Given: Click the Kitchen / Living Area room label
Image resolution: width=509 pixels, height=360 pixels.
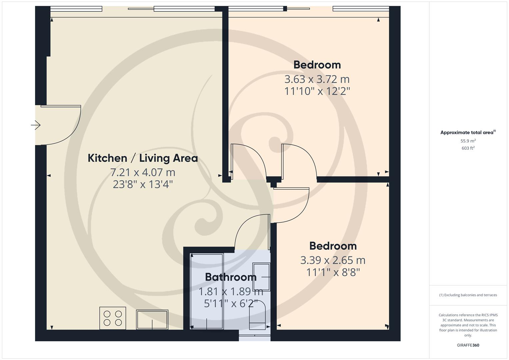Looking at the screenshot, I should click(143, 158).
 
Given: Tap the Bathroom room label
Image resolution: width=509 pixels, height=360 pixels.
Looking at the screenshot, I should click(231, 277).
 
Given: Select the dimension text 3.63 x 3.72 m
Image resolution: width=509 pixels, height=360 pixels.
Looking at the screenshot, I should click(317, 79).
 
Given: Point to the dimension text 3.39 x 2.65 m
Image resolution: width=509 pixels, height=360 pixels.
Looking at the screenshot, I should click(333, 260).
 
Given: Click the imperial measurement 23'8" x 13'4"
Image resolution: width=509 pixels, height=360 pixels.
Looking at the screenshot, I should click(143, 184).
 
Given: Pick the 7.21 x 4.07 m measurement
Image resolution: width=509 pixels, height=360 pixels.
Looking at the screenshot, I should click(143, 172).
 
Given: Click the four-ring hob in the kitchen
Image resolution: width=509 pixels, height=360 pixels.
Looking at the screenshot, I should click(113, 318).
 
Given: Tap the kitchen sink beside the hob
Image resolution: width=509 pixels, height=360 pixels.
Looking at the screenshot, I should click(152, 319).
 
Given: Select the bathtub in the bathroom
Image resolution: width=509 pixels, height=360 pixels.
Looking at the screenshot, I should click(207, 292).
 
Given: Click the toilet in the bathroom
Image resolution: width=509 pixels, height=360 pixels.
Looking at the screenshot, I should click(257, 315).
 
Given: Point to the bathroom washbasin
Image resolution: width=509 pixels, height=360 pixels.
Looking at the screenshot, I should click(261, 277).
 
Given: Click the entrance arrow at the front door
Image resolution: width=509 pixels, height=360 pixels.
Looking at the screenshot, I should click(36, 125).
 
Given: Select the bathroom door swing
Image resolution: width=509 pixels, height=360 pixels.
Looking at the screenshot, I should click(252, 232).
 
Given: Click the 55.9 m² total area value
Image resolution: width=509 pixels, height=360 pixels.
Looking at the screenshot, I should click(468, 141).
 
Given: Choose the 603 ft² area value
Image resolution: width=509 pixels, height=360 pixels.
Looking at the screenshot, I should click(468, 148).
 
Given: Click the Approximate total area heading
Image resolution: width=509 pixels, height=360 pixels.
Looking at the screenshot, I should click(468, 132).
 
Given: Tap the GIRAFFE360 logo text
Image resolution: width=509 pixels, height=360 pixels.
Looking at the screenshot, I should click(468, 345).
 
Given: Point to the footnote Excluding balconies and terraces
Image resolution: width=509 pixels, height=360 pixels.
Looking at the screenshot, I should click(468, 295).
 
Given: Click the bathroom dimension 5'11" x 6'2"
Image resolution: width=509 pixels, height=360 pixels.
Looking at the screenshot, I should click(231, 303).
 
